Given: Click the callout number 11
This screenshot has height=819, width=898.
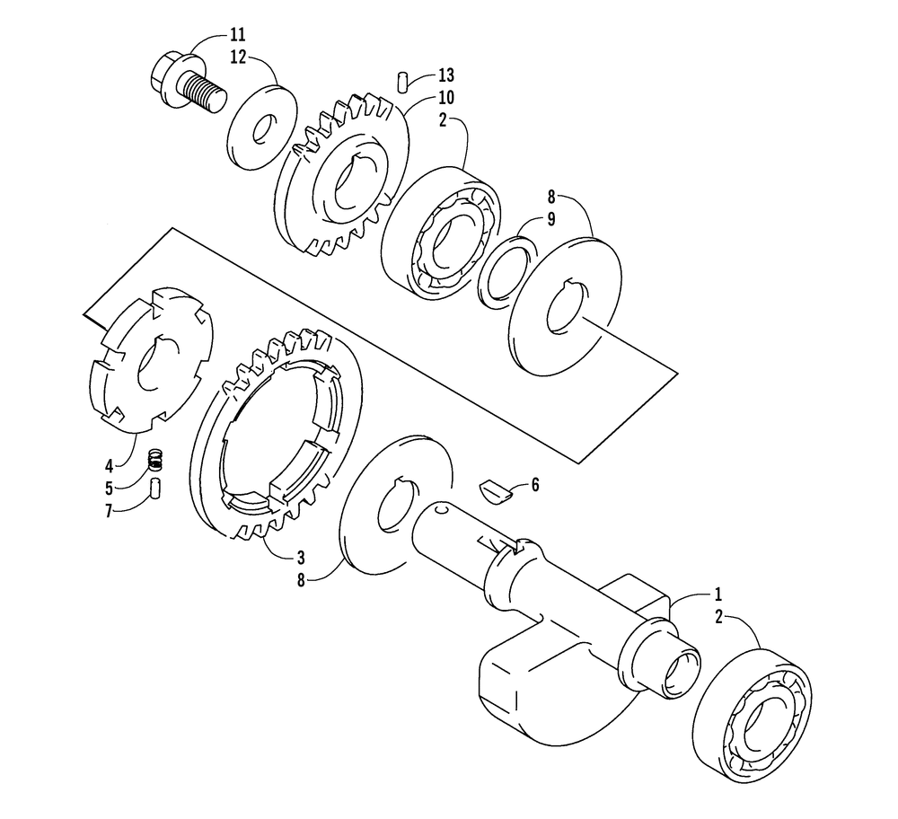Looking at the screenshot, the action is [x=238, y=35].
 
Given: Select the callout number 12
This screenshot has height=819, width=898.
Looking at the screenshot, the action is [x=238, y=57].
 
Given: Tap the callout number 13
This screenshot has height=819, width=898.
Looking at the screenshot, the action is [x=446, y=75].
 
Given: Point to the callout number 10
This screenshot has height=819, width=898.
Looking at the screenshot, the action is [x=446, y=97].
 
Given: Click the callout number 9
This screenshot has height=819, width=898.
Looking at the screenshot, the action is [x=551, y=219].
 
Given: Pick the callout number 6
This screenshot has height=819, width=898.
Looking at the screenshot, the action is [x=535, y=485].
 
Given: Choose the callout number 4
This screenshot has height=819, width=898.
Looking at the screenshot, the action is [x=110, y=466].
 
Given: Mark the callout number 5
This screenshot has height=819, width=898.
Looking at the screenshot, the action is [x=110, y=489].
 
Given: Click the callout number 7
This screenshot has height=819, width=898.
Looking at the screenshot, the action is [x=110, y=511].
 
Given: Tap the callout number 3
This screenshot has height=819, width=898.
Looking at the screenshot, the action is [x=301, y=558].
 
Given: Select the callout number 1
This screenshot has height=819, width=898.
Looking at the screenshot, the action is [x=718, y=594].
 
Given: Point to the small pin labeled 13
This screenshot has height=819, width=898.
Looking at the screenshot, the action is [x=402, y=81].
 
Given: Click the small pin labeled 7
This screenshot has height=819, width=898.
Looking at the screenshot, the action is [x=155, y=489].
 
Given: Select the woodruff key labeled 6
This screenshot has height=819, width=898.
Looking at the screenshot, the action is [x=494, y=492].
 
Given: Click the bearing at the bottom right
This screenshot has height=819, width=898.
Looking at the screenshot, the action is [x=752, y=716].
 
